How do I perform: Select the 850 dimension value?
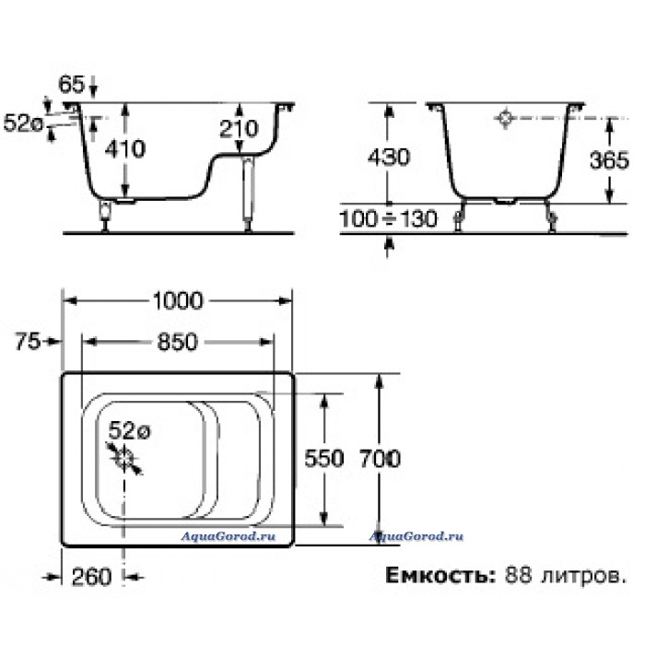[177, 342]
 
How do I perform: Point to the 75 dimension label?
[29, 342]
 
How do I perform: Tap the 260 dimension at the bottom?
[91, 578]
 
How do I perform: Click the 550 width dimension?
[325, 458]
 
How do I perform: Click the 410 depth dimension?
[125, 150]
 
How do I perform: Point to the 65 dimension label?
[72, 85]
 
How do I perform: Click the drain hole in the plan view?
[124, 456]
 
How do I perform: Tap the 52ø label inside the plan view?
[129, 430]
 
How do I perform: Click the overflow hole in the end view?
[506, 118]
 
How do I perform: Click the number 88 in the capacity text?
[518, 578]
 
